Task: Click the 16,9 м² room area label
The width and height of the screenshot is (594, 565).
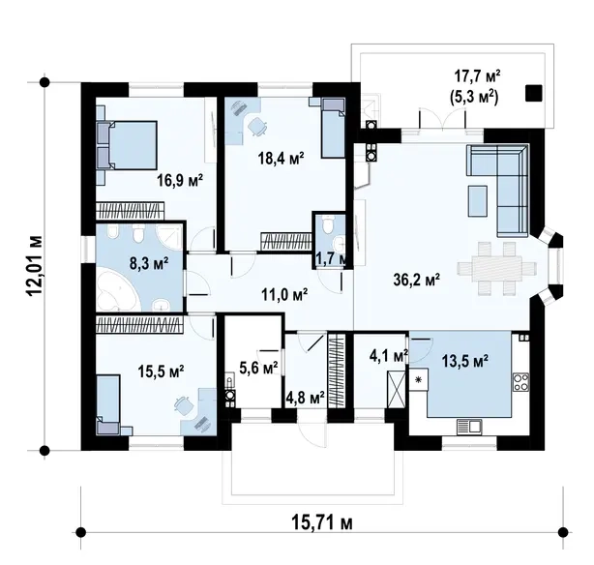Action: point(180,180)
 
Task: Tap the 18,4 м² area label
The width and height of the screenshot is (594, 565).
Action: point(282,158)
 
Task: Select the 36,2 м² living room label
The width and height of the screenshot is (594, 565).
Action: point(417,280)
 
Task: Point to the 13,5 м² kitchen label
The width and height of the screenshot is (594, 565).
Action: point(464,361)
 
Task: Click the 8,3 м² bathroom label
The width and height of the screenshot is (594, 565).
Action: point(149,263)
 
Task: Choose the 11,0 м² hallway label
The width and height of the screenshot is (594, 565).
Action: point(284,294)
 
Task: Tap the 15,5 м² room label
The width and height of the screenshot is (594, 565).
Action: point(161,372)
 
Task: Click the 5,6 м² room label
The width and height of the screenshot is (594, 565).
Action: point(258,367)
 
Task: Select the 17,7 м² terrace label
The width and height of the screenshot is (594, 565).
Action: point(477,76)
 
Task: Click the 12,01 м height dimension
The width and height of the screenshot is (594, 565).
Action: point(35,266)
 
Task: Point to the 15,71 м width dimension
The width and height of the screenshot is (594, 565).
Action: point(322,523)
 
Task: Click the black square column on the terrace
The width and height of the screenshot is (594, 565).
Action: point(533,93)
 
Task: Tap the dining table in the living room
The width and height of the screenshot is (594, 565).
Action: point(496,269)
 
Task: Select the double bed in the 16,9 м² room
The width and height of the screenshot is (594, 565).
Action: point(128,145)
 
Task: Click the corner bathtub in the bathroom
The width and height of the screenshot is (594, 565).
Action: point(117,291)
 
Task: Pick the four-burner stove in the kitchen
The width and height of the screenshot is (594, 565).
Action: point(520,381)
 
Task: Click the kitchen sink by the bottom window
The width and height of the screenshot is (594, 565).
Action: point(469,426)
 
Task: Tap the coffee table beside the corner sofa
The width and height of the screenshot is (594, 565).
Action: point(478,201)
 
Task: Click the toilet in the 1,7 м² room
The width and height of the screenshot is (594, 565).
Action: point(327,224)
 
